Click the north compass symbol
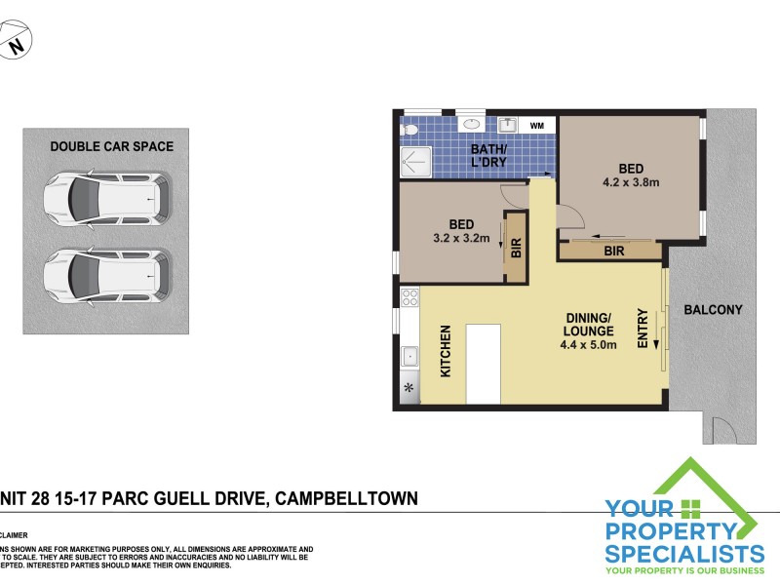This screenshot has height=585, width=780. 15,44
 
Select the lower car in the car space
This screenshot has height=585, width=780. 106,275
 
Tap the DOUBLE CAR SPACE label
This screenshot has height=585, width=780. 111,147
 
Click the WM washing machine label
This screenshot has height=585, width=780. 537,126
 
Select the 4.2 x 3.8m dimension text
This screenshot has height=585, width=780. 632,182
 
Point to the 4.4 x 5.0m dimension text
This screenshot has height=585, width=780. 589,344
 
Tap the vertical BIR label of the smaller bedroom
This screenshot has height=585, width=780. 516,249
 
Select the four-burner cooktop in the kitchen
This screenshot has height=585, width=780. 410,298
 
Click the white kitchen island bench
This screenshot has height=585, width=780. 483,364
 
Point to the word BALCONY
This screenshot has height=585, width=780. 713,310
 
